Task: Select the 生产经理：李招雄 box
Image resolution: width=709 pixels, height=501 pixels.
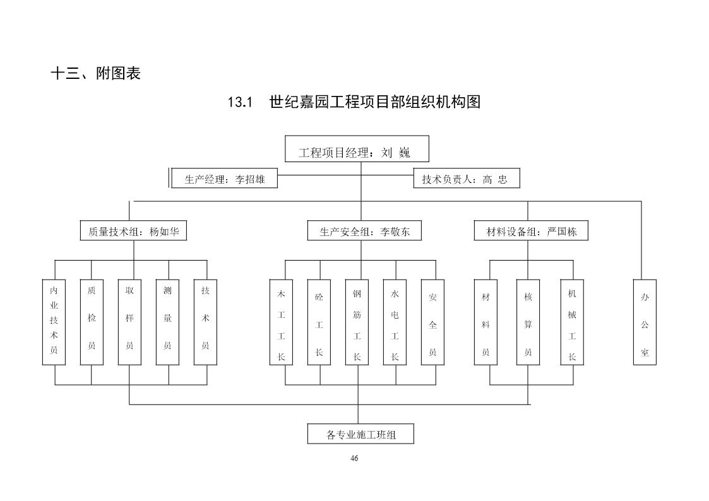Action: [x=225, y=179]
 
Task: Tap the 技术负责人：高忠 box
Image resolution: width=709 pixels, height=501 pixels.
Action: [x=464, y=179]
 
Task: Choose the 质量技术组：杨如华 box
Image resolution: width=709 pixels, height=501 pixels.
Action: [x=133, y=231]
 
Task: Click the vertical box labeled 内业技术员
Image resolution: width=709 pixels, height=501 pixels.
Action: [x=54, y=322]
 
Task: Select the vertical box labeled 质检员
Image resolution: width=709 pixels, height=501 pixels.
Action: [x=92, y=322]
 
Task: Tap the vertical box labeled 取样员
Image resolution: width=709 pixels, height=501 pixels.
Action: [x=129, y=322]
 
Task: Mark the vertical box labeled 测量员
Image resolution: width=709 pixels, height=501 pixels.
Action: [x=167, y=322]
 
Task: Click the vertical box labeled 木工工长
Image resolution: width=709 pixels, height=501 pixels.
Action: [x=281, y=322]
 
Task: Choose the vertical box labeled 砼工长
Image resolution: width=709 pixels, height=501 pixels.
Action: [x=319, y=322]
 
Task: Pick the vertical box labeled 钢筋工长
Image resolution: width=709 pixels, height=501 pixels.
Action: [x=357, y=322]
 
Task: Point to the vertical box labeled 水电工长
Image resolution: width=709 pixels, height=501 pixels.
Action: [x=395, y=322]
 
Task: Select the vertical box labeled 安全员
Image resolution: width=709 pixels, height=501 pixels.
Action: [x=432, y=322]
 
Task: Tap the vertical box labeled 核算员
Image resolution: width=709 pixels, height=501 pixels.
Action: [x=528, y=322]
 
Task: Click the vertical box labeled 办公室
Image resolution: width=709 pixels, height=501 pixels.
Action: [x=645, y=322]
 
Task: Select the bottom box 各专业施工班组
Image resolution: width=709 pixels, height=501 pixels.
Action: [x=361, y=434]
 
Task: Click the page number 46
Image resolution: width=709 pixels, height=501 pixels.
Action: [x=354, y=458]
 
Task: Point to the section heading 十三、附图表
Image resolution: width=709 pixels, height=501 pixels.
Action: [x=95, y=73]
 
